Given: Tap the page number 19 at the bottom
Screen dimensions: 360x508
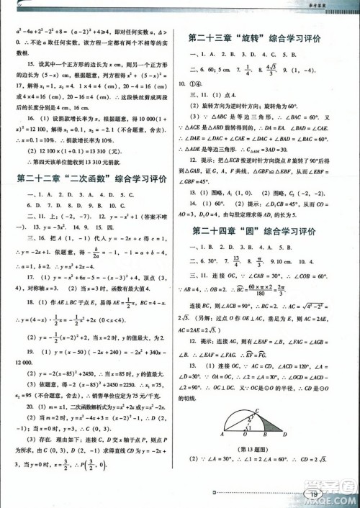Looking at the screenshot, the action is pos(312,493).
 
